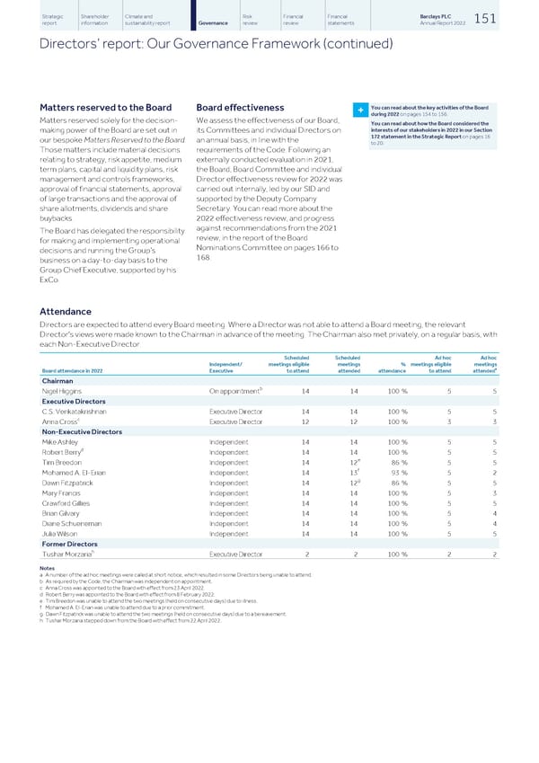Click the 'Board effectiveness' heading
pos(240,108)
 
